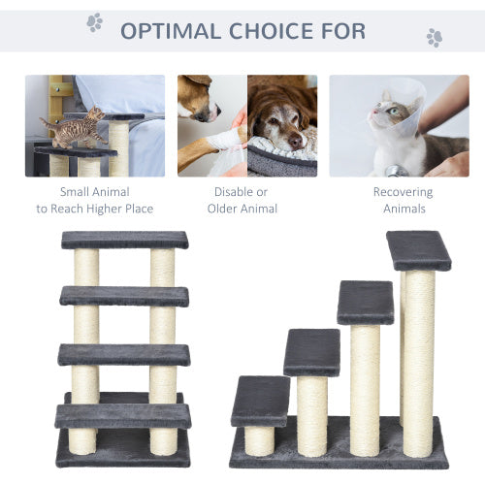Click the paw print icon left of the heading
pos(94,22)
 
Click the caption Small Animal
pos(94,192)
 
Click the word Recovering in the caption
pos(403,192)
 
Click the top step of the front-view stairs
pos(124,240)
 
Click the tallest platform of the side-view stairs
pos(418,249)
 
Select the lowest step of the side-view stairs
pos(260,400)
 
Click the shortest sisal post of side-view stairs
pos(259,439)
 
